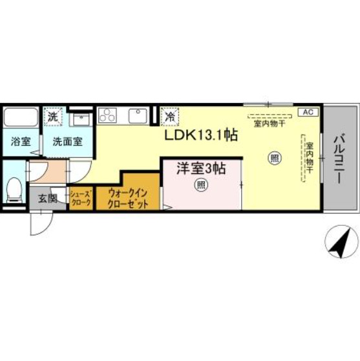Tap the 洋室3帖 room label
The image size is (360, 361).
click(202, 169)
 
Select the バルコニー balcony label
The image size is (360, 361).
click(341, 158)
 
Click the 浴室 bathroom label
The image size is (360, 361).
click(19, 142)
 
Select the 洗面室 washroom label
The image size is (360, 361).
click(67, 142)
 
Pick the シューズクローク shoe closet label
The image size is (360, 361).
click(81, 197)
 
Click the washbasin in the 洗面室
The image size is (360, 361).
click(80, 118)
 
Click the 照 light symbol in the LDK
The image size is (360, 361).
click(274, 157)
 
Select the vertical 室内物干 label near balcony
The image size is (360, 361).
click(310, 158)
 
